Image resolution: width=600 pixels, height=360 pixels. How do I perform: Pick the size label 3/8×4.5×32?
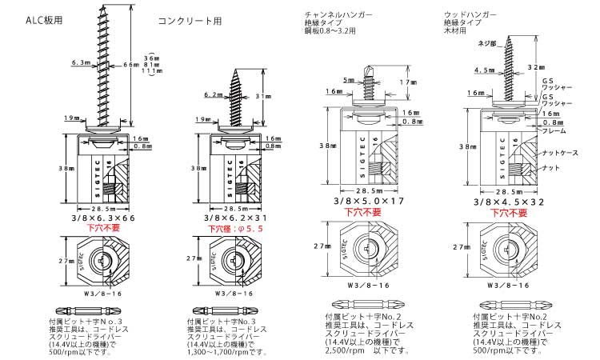(510, 202)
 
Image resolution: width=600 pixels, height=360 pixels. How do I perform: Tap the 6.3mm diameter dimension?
(81, 62)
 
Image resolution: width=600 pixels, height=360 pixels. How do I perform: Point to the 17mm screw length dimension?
(407, 82)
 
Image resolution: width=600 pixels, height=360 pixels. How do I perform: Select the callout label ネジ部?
(486, 42)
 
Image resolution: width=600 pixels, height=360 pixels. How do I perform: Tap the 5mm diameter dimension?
(347, 80)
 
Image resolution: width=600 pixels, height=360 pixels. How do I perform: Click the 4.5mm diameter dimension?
(485, 70)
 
